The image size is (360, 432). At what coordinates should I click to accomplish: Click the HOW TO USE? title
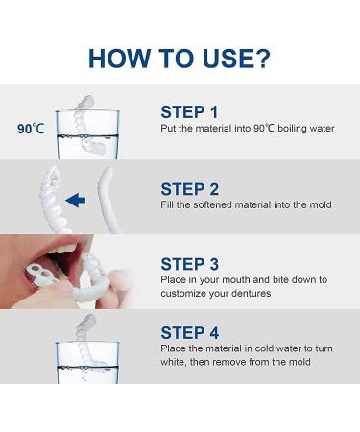click(180, 56)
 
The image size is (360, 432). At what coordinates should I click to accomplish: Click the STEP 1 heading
click(191, 111)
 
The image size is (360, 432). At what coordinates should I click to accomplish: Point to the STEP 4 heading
click(192, 334)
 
